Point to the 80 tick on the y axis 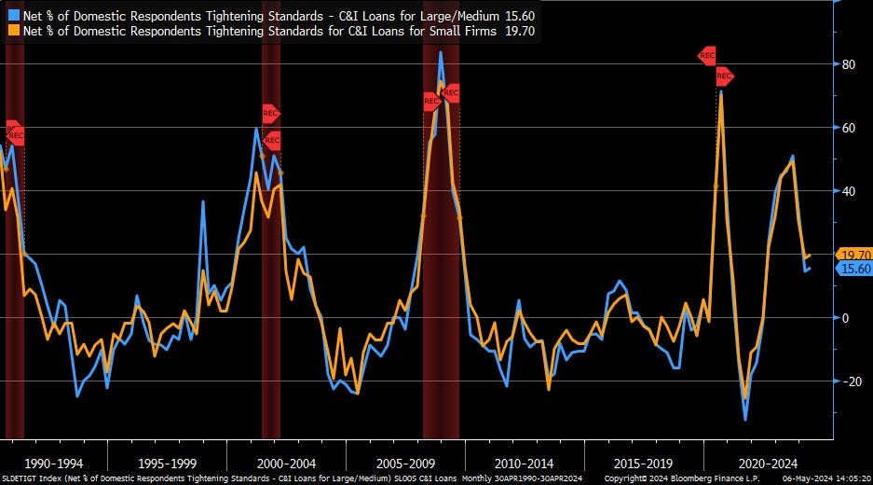(849, 64)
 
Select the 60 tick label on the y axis (849, 128)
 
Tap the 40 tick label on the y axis (849, 191)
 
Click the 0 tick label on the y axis (846, 318)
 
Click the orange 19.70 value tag (854, 255)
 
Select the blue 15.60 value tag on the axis (854, 269)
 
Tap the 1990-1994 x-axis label (54, 463)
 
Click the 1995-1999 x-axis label (166, 463)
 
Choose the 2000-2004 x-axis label (286, 463)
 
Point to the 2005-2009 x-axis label (404, 463)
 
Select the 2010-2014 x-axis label (523, 463)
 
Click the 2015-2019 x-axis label (643, 463)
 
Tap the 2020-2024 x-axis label (761, 463)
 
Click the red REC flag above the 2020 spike (707, 56)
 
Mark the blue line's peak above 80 (441, 52)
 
